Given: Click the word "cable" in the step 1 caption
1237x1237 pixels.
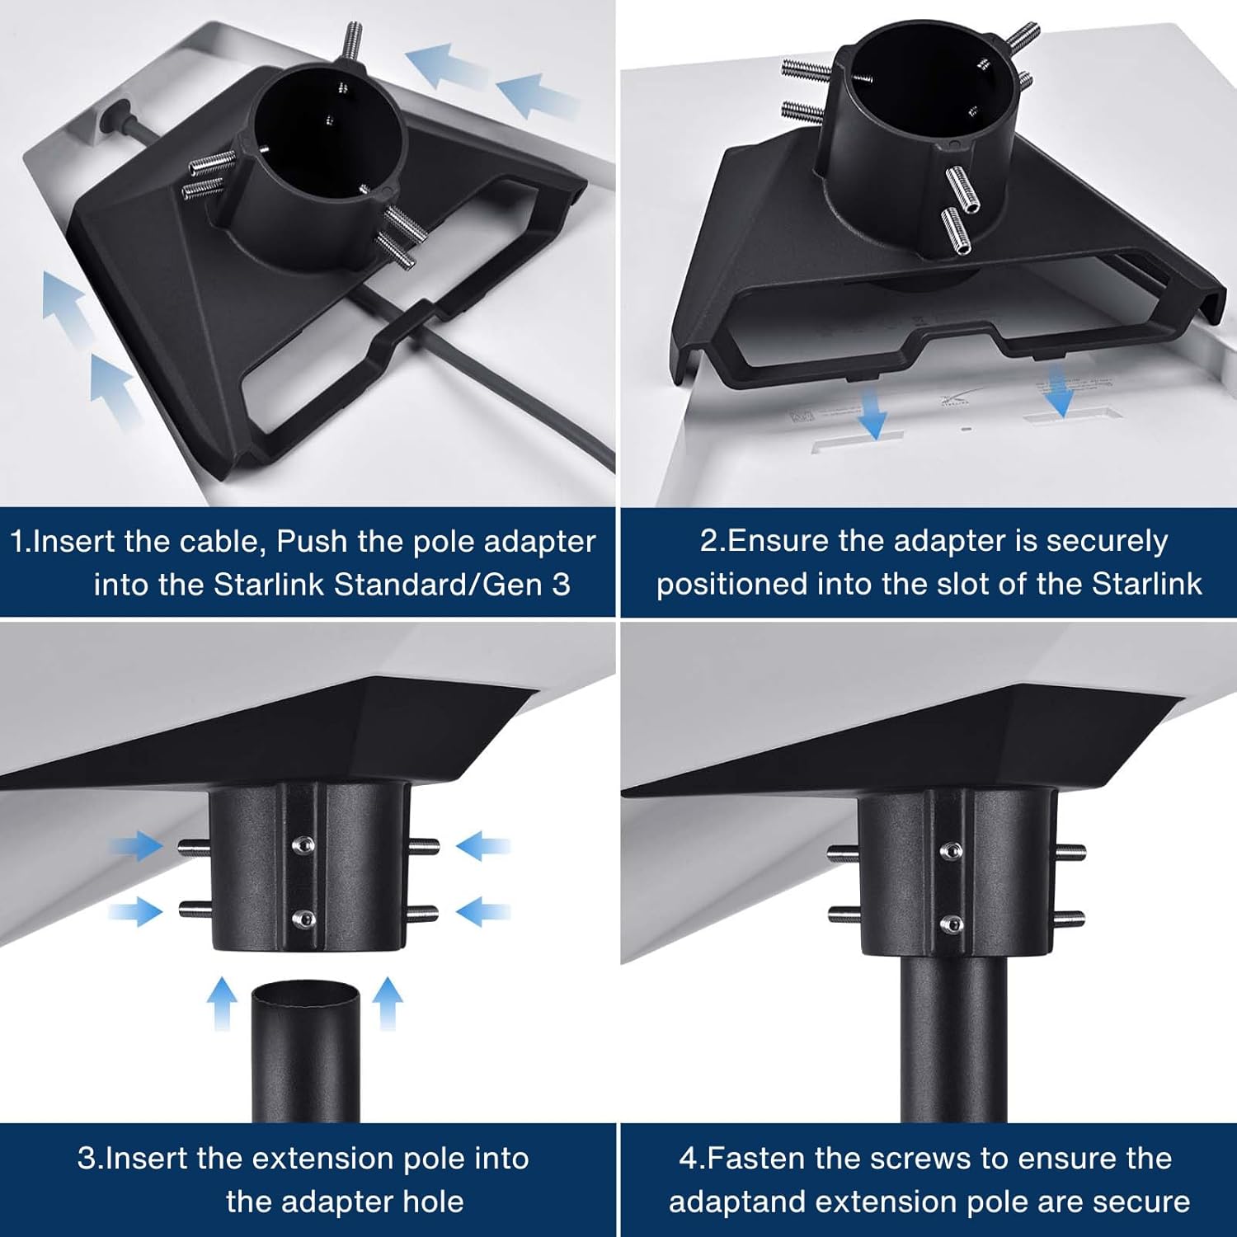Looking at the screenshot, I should coord(223,542).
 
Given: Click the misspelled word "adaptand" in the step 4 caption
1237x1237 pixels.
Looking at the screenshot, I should coord(731,1202).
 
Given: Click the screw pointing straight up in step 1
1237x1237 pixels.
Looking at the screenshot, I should coord(354,40).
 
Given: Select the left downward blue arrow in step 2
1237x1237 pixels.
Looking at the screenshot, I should coord(872,416).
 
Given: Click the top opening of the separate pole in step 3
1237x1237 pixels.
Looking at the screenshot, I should coord(305,994).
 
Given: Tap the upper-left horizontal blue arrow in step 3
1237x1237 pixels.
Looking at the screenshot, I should coord(136,845).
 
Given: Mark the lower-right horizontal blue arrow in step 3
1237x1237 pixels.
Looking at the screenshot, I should coord(482,912).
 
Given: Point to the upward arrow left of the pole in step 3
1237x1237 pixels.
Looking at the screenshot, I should coord(221,1002).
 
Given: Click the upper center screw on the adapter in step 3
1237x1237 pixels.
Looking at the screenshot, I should coord(303,844).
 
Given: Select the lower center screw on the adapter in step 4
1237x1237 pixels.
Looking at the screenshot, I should coord(952,924).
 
